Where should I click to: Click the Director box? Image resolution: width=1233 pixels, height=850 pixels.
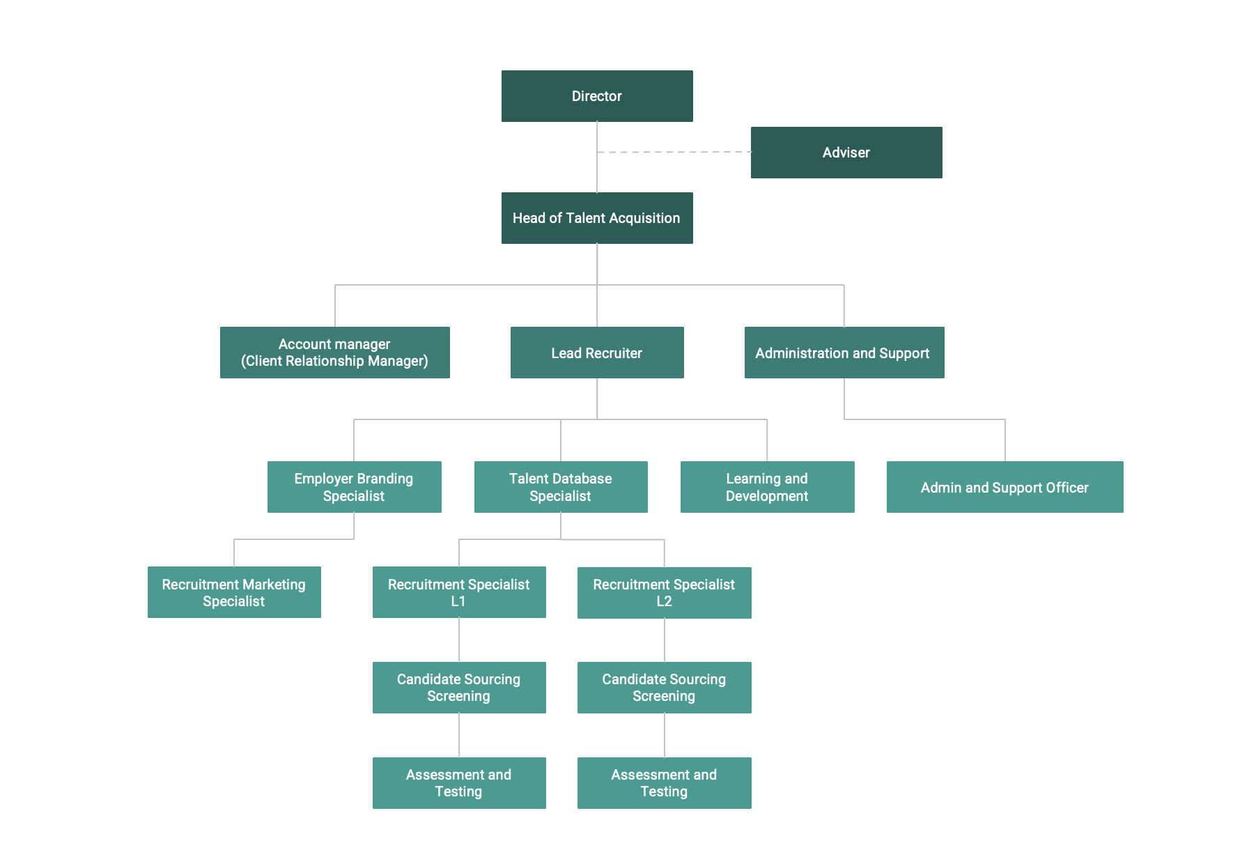click(597, 96)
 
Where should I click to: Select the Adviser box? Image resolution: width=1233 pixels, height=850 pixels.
click(846, 153)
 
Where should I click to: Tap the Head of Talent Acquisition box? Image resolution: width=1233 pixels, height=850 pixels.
click(597, 218)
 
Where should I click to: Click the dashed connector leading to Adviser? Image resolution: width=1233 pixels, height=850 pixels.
click(674, 152)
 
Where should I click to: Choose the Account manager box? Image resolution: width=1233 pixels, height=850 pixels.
click(334, 353)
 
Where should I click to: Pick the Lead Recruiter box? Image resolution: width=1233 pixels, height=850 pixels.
click(597, 353)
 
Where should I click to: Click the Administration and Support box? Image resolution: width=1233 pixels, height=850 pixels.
click(844, 353)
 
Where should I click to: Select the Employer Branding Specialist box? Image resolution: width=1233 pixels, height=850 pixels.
click(354, 487)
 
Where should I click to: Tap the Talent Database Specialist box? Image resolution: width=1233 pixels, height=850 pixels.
click(561, 487)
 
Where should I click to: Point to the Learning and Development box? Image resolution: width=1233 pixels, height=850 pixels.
click(767, 487)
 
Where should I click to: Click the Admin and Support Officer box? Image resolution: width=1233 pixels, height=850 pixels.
click(1005, 487)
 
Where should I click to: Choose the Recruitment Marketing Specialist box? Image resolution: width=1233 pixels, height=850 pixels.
click(234, 592)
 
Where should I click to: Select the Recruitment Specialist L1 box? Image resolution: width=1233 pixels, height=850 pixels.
click(459, 592)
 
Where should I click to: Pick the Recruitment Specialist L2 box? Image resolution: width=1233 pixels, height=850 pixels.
click(664, 593)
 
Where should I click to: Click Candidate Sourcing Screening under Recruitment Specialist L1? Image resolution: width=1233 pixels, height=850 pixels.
click(459, 688)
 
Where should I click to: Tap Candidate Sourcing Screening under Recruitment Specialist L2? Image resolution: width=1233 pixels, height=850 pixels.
click(664, 688)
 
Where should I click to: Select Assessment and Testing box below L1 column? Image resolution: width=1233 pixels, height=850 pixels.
click(459, 783)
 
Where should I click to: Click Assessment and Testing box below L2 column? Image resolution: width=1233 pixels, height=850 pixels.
click(664, 783)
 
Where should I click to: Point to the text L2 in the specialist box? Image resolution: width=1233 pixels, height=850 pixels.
click(664, 601)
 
